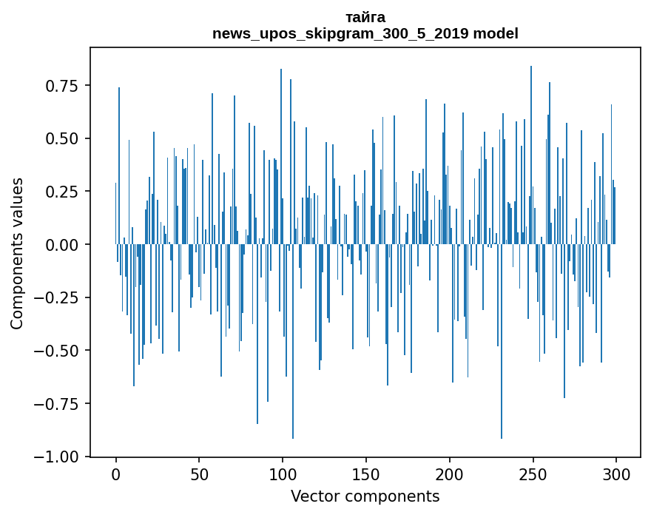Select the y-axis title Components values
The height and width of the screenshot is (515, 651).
coord(17,253)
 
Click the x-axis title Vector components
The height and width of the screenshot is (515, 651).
coord(365,497)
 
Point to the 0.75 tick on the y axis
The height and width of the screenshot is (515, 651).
coord(62,86)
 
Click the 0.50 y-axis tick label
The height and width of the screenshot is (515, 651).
coord(62,139)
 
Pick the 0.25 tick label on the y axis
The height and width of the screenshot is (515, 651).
coord(62,192)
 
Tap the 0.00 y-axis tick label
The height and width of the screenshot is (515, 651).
coord(62,245)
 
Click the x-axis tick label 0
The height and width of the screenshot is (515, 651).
coord(115,475)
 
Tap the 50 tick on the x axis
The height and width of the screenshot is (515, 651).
coord(199,475)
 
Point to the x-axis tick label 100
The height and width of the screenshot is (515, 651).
coord(283,475)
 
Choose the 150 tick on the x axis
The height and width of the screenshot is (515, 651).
coord(366,475)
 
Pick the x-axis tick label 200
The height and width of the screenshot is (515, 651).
coord(449,475)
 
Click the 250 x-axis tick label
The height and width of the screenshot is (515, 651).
coord(533,475)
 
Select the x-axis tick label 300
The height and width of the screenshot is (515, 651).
coord(616,475)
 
